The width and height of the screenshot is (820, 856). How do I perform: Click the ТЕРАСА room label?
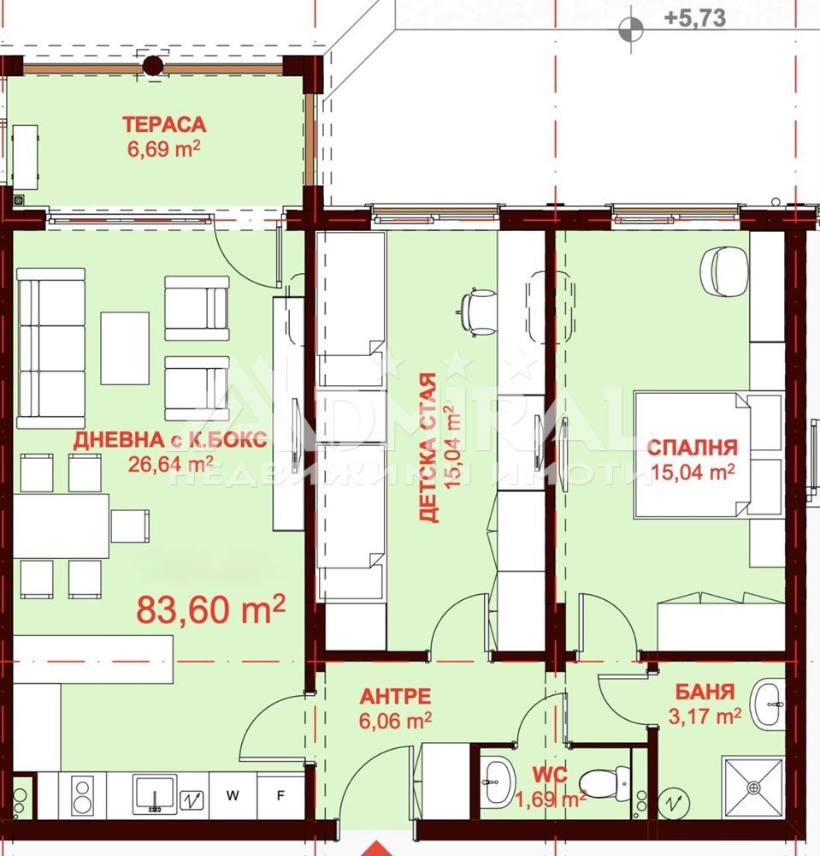[164, 124]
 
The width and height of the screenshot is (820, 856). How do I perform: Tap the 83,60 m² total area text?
[210, 609]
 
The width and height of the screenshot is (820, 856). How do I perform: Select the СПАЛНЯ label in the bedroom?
[693, 448]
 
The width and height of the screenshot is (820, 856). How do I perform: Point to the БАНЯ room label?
[705, 692]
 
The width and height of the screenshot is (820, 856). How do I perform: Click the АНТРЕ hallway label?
[395, 696]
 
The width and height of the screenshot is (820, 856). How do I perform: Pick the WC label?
[550, 775]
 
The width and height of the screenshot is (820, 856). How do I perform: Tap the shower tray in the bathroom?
[753, 788]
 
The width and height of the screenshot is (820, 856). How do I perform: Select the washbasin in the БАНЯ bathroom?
[768, 704]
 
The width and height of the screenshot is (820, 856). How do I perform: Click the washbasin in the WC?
[498, 782]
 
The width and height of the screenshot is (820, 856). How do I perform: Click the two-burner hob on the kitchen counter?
[83, 796]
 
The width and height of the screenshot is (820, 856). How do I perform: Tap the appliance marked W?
[233, 795]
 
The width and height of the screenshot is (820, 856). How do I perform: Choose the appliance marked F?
[280, 795]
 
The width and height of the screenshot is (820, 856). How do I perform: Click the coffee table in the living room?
[125, 348]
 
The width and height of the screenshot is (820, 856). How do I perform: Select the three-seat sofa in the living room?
[51, 348]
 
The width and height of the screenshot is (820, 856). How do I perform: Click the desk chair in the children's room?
[477, 311]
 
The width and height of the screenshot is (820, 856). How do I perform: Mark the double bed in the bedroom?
[709, 455]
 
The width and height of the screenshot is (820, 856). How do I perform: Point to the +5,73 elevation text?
[695, 18]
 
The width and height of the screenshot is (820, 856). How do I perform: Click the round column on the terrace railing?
[154, 66]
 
